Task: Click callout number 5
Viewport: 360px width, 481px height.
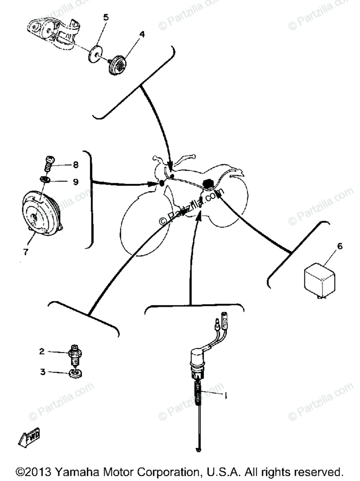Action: pos(106,17)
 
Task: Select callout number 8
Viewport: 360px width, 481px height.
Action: pos(75,164)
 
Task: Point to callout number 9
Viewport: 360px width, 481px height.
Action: pos(76,181)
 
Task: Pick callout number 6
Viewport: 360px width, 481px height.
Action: pos(340,247)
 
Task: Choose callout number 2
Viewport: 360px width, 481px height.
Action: pos(42,352)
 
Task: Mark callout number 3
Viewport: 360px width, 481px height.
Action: pos(42,372)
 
